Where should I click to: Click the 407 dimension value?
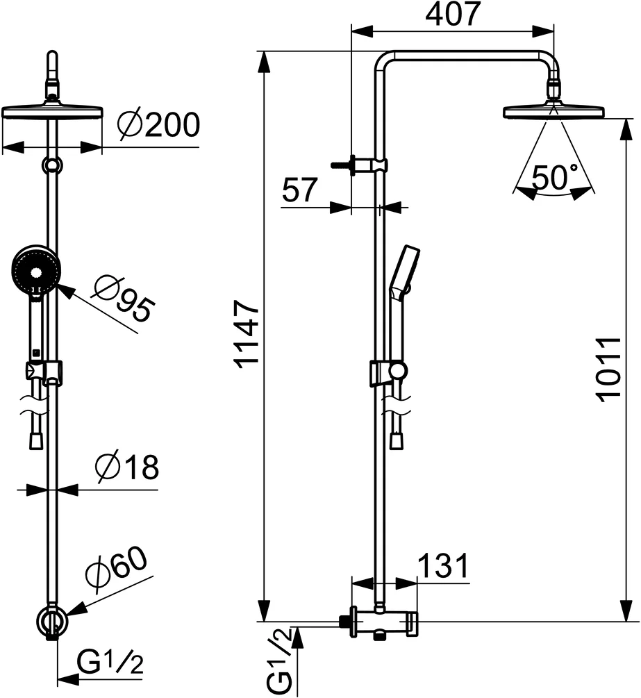453,14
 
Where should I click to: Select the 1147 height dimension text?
247,333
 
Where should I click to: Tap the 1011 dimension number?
608,369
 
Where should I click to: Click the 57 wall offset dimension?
300,190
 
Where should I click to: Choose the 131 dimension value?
442,567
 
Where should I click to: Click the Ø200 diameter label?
158,125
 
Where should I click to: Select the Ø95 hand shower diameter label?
123,298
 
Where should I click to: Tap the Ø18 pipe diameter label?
128,467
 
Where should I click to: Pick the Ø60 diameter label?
117,571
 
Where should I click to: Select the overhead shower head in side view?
553,112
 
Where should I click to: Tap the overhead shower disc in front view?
52,113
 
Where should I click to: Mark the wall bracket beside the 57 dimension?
361,165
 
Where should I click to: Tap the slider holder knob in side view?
397,371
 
